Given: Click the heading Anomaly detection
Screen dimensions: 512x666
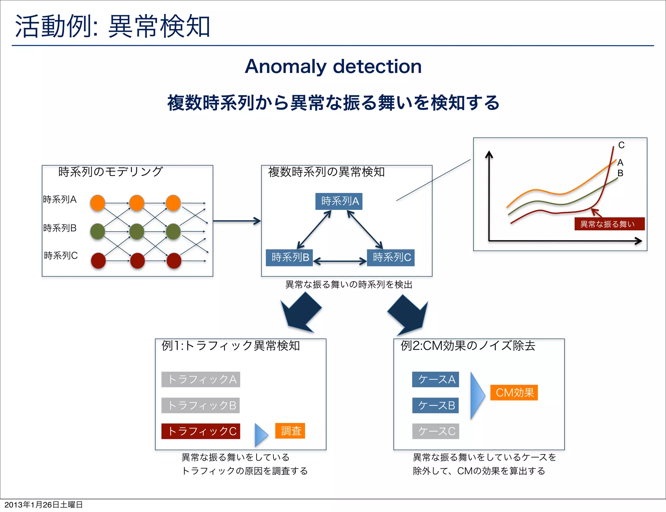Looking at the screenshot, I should (x=333, y=67).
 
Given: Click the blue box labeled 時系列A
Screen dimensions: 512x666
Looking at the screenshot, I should (x=339, y=201).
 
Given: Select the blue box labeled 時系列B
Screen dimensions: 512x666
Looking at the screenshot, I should (x=289, y=258).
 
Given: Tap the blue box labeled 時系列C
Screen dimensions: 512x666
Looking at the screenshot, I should (x=391, y=258).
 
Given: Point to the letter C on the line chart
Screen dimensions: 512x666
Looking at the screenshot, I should (x=621, y=145).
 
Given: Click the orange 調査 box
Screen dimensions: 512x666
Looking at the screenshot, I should (x=290, y=431).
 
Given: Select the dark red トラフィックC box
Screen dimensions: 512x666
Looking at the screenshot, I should (x=201, y=431).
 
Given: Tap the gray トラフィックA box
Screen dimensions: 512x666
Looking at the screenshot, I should (x=201, y=379).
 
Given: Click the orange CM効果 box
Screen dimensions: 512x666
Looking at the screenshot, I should (x=514, y=392).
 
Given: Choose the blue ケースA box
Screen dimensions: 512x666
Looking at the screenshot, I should (x=435, y=379).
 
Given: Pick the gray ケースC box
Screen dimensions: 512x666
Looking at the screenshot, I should (x=435, y=431).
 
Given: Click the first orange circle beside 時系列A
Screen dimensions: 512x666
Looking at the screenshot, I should (x=98, y=203).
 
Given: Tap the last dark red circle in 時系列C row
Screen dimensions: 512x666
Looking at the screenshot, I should (x=174, y=261).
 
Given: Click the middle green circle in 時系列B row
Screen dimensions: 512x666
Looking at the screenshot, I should (x=137, y=232).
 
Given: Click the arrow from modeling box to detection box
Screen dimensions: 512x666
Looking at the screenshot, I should (x=237, y=221).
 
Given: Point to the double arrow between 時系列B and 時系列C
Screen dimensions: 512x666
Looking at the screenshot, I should (x=340, y=261).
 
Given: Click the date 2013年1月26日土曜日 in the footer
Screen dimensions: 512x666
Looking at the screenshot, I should (x=44, y=505).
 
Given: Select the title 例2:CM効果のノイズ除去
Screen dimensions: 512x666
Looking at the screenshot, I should (x=468, y=346).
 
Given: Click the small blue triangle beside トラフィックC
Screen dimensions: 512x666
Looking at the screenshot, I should (x=261, y=434).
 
